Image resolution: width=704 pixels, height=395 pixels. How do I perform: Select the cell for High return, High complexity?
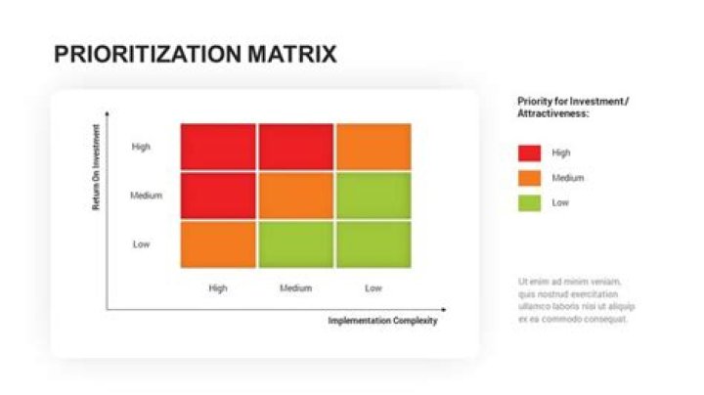coord(218,147)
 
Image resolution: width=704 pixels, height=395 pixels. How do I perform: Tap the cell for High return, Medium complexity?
coord(295,147)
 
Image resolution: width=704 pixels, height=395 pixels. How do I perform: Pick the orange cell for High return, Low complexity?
coord(373,147)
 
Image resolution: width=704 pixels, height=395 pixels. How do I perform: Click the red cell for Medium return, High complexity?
coord(218,196)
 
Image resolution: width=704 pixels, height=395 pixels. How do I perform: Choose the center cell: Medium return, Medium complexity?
coord(295,196)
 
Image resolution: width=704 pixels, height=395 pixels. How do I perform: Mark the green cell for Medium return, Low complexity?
coord(373,196)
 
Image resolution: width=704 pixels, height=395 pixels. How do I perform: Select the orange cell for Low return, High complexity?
coord(218,243)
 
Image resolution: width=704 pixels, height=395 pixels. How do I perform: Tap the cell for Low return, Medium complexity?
coord(295,243)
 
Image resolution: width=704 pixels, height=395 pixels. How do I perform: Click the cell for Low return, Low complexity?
coord(373,243)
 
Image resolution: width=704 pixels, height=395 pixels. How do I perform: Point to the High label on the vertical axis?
coord(141,148)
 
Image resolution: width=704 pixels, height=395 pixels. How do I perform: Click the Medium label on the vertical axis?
coord(146,196)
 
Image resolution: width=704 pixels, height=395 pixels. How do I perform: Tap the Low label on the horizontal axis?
coord(373,288)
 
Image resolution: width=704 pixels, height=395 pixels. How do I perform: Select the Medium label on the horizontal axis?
coord(295,288)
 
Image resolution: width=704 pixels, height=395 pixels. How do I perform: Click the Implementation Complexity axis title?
coord(382,321)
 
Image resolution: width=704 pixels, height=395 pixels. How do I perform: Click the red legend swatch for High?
coord(529,153)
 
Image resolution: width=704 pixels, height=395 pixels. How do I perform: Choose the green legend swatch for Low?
coord(529,203)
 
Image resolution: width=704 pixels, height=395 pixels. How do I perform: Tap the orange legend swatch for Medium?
coord(529,178)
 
